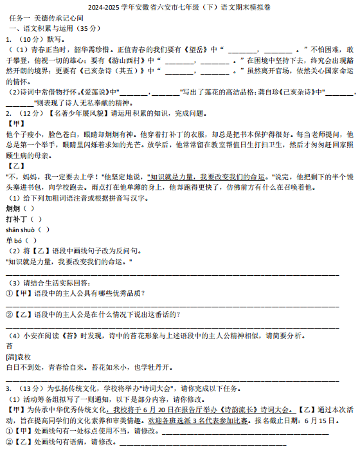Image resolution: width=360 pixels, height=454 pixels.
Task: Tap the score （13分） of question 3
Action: [x=30, y=388]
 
